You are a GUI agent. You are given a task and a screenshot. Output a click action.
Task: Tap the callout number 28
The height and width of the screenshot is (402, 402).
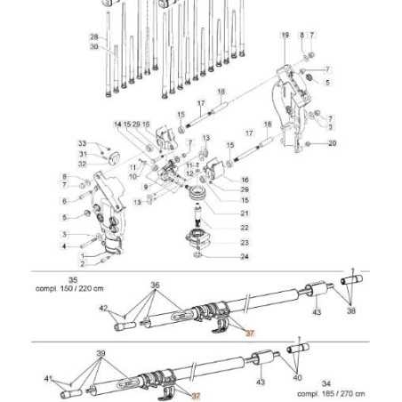[93, 37]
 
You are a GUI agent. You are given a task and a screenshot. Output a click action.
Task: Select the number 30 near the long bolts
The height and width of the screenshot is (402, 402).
[93, 46]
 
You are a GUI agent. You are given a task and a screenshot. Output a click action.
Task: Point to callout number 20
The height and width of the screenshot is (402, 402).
[332, 143]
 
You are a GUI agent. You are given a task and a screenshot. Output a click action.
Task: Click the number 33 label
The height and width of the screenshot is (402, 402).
[82, 143]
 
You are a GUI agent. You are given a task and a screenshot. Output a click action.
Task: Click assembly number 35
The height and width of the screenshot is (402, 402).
[73, 277]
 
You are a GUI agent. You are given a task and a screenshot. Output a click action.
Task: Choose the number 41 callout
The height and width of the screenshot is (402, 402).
[48, 378]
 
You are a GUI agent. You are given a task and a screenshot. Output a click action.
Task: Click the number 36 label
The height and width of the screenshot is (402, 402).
[156, 285]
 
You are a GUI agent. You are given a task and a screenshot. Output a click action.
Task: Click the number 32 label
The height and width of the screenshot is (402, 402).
[82, 164]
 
